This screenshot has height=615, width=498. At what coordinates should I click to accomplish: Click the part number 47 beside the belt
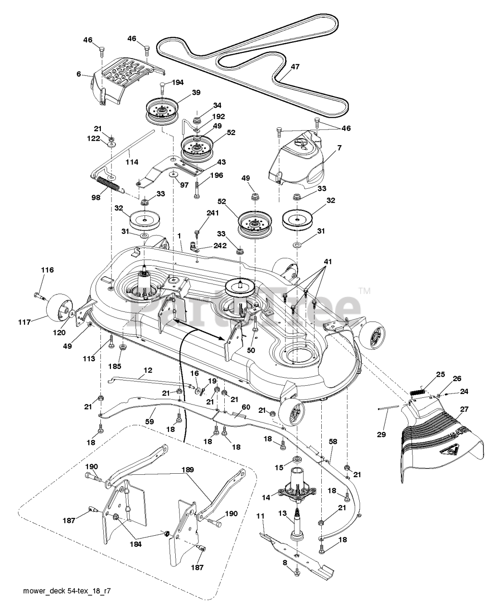295,67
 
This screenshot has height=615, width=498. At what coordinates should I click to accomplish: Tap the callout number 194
177,83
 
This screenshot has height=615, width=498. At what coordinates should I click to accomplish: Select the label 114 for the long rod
132,162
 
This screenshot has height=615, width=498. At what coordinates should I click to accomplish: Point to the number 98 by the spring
96,197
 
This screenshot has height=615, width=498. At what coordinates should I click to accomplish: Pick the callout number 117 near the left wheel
24,322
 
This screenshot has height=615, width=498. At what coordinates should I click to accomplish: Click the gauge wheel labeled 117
59,307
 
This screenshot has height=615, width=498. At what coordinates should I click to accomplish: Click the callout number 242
220,246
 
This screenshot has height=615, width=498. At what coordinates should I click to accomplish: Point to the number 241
213,213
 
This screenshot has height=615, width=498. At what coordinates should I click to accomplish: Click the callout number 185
115,366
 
